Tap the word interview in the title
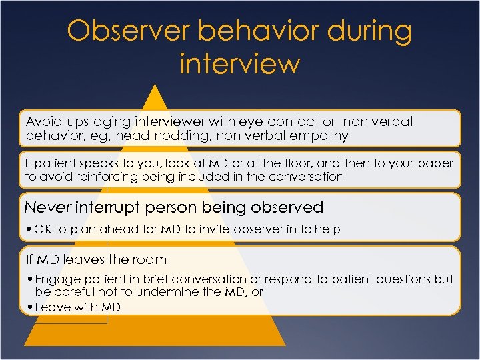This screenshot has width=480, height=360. tap(240, 64)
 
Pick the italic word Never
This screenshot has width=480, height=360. tap(48, 207)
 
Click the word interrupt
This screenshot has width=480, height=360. tap(107, 207)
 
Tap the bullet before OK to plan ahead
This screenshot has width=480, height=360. tap(30, 229)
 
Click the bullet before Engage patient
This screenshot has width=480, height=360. tap(30, 280)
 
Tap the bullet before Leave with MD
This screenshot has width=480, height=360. tap(30, 307)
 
